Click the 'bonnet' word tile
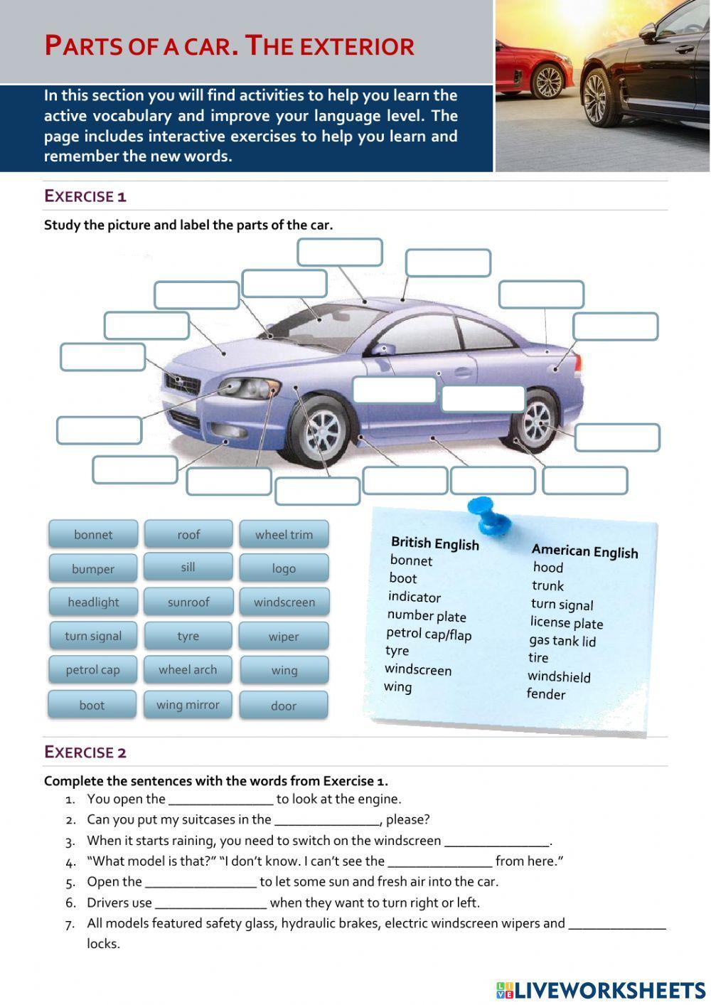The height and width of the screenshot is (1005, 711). point(92,535)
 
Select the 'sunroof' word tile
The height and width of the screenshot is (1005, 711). point(188,602)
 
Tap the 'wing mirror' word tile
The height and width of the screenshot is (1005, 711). point(188,705)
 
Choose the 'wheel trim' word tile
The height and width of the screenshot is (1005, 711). point(284,535)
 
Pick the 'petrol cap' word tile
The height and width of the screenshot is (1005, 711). point(92,670)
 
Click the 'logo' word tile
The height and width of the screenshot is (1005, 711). point(284,569)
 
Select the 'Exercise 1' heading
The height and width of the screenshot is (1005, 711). point(85,196)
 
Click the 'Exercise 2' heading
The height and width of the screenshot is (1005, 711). point(85,753)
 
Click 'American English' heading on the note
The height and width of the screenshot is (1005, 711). point(584,551)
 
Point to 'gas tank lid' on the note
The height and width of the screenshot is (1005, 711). point(562,641)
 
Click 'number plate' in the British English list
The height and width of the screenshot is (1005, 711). point(427,616)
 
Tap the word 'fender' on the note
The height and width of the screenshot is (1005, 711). point(546,694)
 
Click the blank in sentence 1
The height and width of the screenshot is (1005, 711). point(220,799)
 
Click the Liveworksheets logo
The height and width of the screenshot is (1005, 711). point(601,990)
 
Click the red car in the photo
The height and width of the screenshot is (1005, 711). point(533,68)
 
